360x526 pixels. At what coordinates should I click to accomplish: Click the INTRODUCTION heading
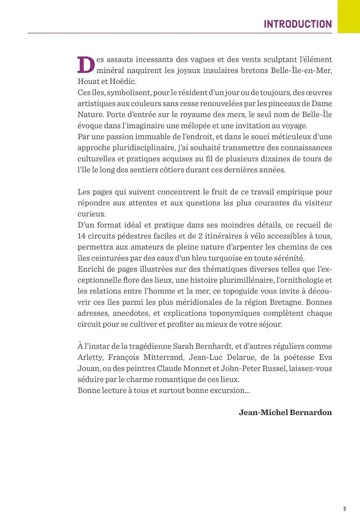(297, 24)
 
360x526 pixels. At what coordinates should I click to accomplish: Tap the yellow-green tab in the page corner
(349, 16)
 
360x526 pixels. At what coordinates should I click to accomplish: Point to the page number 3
(344, 509)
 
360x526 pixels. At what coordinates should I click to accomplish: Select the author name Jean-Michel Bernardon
(286, 412)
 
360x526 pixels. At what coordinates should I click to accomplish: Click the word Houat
(88, 82)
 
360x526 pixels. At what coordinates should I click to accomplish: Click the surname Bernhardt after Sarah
(217, 346)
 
